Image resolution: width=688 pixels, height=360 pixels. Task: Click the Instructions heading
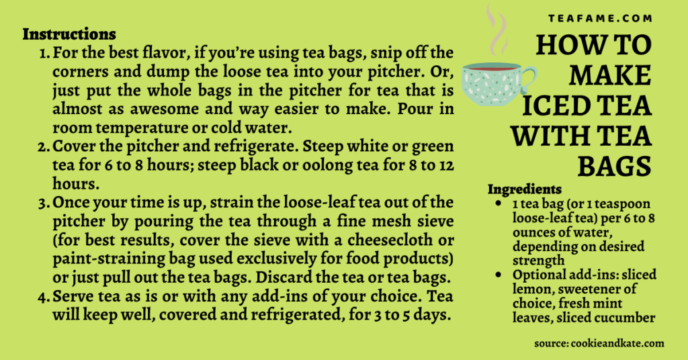(69, 34)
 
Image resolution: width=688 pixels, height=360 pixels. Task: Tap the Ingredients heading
(525, 189)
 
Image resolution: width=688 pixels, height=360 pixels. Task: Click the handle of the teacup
(529, 75)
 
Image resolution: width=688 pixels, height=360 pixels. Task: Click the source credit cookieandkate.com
(599, 343)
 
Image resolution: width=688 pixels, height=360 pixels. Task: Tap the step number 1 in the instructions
(45, 52)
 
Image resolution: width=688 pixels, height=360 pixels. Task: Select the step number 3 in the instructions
(45, 203)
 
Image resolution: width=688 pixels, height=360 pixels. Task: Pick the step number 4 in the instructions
(44, 297)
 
